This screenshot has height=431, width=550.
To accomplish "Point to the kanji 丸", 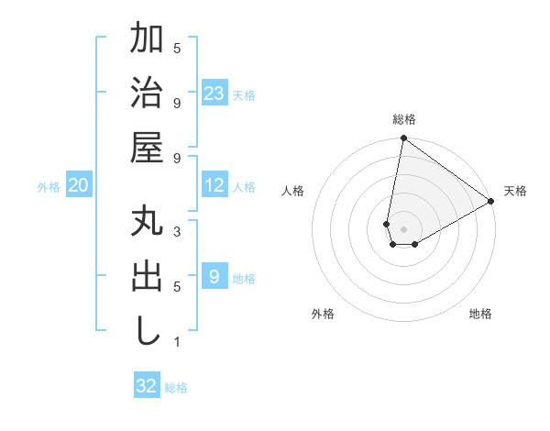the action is (x=147, y=223).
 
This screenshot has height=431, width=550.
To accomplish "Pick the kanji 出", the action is (x=147, y=277).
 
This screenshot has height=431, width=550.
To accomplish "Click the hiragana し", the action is (x=147, y=331).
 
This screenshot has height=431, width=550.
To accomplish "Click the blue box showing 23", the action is (x=214, y=94).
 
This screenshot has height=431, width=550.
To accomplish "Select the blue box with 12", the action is (x=214, y=186).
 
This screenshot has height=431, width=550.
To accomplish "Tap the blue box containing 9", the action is (x=214, y=277).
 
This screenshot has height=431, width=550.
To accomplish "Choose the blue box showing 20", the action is (x=78, y=186).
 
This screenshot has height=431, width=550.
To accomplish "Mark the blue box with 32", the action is (x=147, y=386).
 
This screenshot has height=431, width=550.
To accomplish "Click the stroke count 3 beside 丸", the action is (x=177, y=232).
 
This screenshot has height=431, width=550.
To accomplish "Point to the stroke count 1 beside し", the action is (x=177, y=342).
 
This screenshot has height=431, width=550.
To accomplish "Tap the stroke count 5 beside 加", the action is (x=177, y=48).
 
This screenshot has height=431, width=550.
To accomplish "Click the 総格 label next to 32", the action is (x=177, y=388).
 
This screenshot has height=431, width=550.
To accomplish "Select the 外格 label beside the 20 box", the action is (x=49, y=187).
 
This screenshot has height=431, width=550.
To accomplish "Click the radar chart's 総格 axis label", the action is (x=404, y=119).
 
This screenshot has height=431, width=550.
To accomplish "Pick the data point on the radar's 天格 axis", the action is (x=491, y=202).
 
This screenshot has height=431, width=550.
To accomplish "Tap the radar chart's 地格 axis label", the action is (x=480, y=314).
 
